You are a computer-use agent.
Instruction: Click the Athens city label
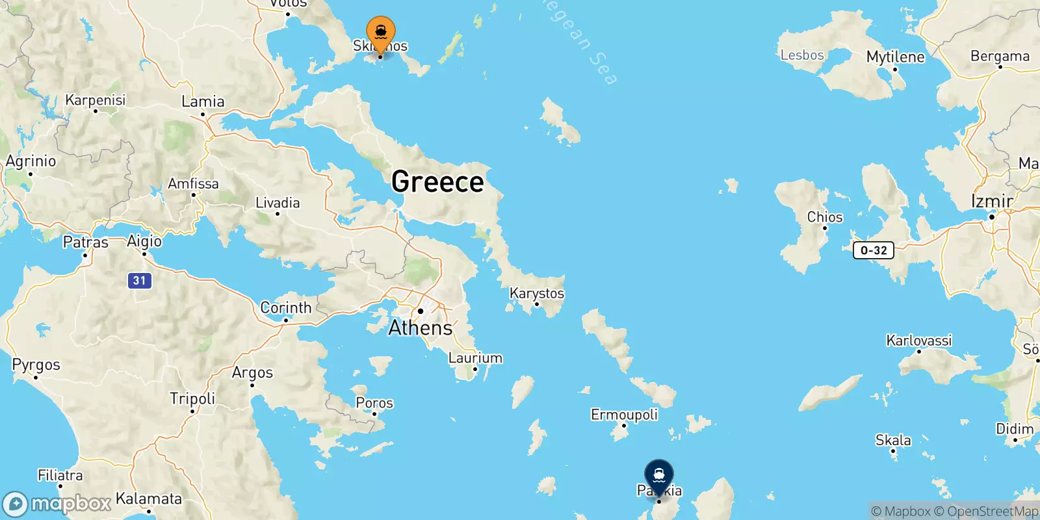pyautogui.click(x=421, y=328)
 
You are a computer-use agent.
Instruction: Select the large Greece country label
pyautogui.click(x=437, y=181)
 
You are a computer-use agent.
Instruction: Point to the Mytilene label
pyautogui.click(x=895, y=57)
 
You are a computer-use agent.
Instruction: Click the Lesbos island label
pyautogui.click(x=802, y=55)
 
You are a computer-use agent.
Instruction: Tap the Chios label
pyautogui.click(x=824, y=217)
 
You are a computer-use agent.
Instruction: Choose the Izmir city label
pyautogui.click(x=991, y=201)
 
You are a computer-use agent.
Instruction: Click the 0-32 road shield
pyautogui.click(x=874, y=250)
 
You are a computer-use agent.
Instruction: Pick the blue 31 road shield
pyautogui.click(x=139, y=280)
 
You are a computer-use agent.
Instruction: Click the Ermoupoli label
pyautogui.click(x=624, y=415)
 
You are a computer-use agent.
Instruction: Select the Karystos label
pyautogui.click(x=537, y=293)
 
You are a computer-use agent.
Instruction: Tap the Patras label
pyautogui.click(x=85, y=242)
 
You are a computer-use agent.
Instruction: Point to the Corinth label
pyautogui.click(x=285, y=307)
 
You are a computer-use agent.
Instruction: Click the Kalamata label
pyautogui.click(x=149, y=499)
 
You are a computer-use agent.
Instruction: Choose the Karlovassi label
pyautogui.click(x=918, y=341)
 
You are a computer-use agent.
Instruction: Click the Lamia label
pyautogui.click(x=203, y=102)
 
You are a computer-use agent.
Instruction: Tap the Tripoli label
pyautogui.click(x=192, y=398)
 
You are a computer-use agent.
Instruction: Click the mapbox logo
pyautogui.click(x=57, y=504)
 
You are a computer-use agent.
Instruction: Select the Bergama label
pyautogui.click(x=1000, y=57)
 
